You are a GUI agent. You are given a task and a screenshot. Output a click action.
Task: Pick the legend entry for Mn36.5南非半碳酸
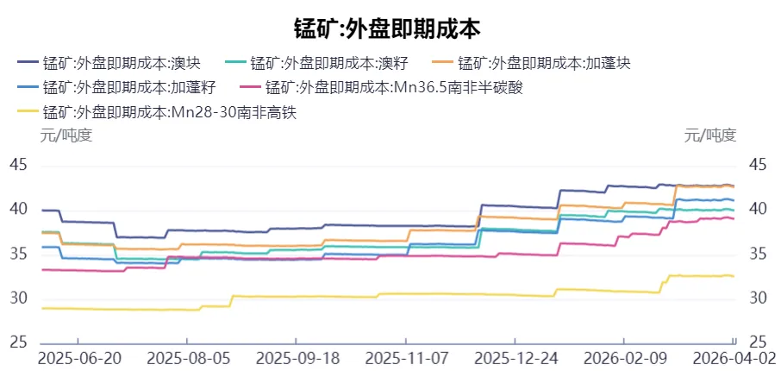click(x=379, y=87)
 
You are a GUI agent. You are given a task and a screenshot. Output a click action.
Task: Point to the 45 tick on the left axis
click(x=18, y=164)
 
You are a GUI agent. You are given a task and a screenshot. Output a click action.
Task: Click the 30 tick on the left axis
click(x=18, y=299)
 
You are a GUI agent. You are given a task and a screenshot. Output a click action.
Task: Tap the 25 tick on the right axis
click(x=759, y=343)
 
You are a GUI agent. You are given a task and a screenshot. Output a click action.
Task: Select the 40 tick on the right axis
click(x=759, y=209)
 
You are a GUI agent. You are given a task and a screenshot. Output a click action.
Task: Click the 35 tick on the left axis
click(x=18, y=254)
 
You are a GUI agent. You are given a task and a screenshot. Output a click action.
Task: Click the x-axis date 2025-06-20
click(x=78, y=358)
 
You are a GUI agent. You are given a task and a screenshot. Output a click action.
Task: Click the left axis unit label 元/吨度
click(x=66, y=135)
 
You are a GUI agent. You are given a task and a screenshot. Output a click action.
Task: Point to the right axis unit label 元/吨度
click(x=710, y=135)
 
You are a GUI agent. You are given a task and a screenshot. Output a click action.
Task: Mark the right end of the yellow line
click(x=734, y=276)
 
